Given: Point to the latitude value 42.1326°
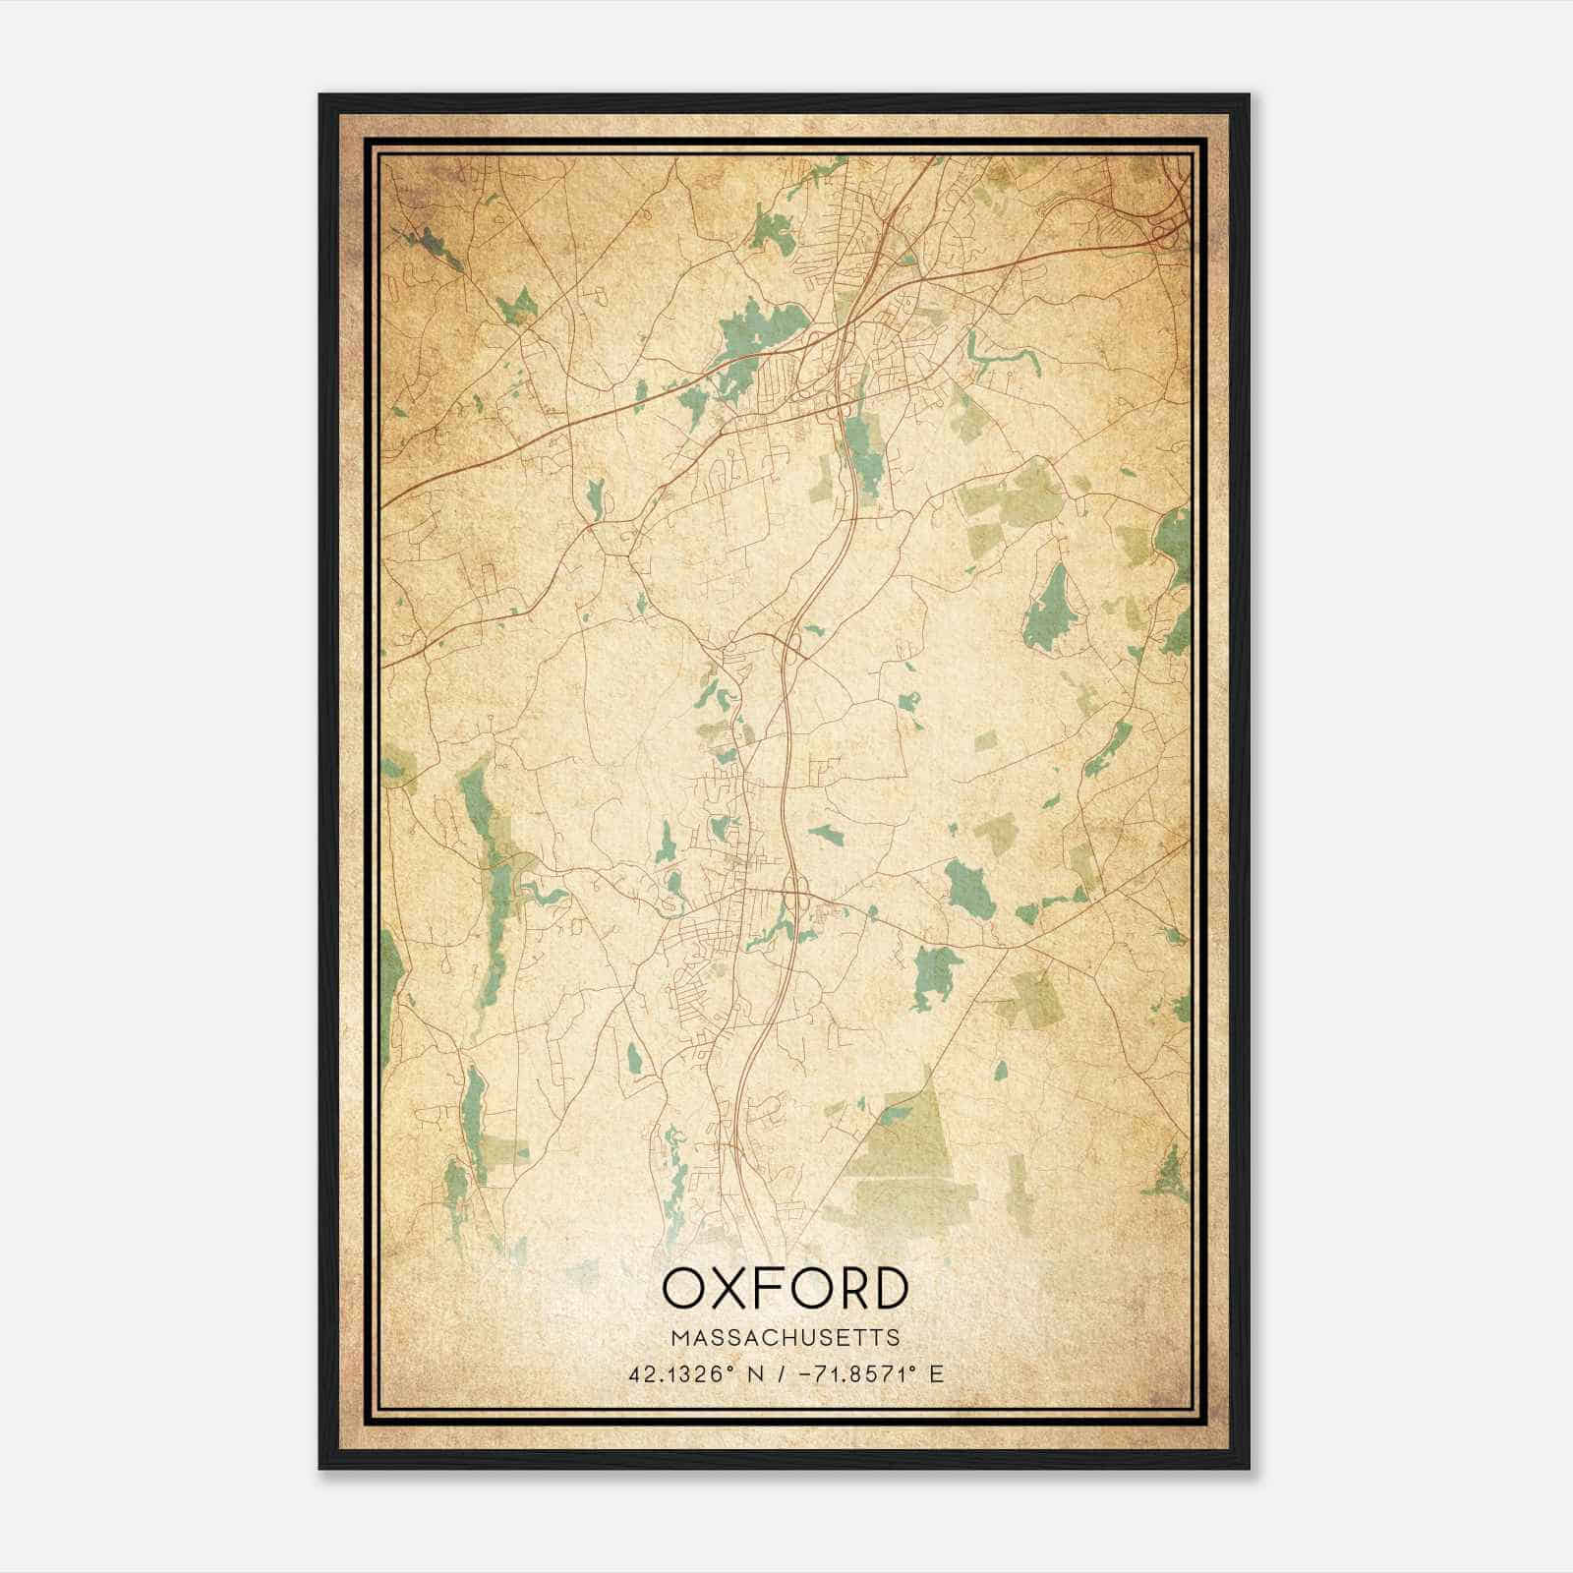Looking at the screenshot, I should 682,1373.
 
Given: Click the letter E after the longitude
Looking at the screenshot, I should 936,1373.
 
